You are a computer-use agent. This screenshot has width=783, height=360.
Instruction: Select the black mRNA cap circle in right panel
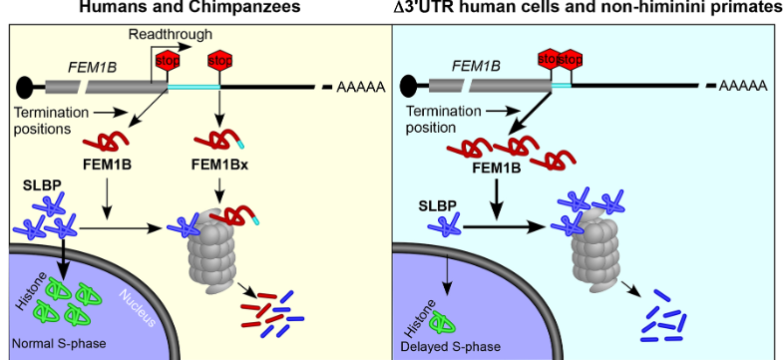[412, 87]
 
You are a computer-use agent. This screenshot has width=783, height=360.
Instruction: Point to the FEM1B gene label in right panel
[476, 66]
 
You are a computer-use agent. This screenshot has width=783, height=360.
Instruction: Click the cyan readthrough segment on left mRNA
[195, 88]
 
